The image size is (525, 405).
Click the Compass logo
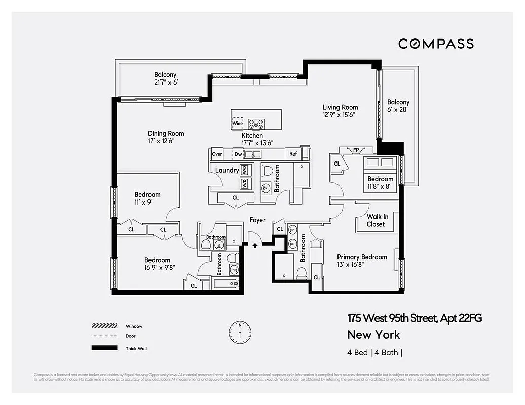[436, 44]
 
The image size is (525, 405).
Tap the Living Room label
[340, 107]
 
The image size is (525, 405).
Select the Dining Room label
[166, 134]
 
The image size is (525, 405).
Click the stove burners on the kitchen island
[256, 123]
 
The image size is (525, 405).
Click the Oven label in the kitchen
[217, 154]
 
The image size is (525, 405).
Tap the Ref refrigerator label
[293, 154]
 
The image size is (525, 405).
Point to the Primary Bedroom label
[362, 257]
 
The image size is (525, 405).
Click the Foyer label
[257, 220]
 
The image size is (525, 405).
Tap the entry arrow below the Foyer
[255, 246]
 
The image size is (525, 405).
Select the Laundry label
[227, 170]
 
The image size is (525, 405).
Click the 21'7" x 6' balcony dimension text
[165, 83]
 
